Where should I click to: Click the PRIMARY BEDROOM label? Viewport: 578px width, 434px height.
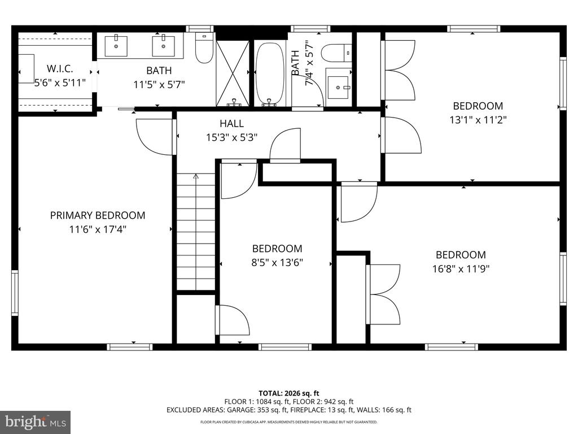(98, 215)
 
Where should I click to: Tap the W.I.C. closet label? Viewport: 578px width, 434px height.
(60, 68)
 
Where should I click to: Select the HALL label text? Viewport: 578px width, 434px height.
(231, 123)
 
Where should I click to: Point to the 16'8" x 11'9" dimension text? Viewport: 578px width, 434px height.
(461, 268)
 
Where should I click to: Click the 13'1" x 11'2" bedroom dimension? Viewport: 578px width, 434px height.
(478, 120)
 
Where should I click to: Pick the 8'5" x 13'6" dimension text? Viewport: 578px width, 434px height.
(277, 262)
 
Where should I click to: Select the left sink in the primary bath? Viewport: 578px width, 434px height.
(116, 46)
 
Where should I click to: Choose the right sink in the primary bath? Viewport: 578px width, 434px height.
(164, 46)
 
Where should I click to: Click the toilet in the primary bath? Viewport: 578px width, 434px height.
(204, 48)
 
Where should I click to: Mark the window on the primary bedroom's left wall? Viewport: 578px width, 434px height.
(15, 293)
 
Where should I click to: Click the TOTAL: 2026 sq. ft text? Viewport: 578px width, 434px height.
(288, 393)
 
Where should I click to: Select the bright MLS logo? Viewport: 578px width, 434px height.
(36, 422)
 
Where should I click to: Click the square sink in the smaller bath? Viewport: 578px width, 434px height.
(338, 88)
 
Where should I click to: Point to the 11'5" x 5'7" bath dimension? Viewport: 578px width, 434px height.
(159, 85)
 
